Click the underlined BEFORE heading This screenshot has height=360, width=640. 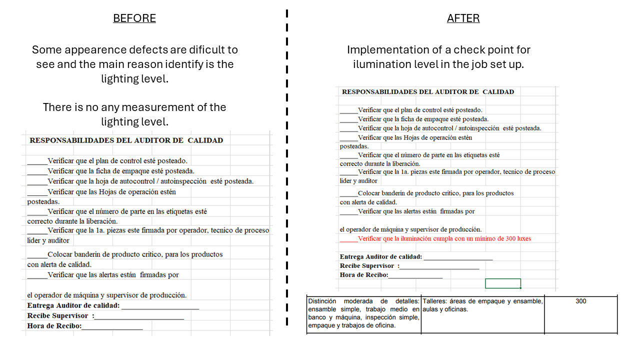point(134,18)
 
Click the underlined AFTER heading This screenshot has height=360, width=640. point(463,18)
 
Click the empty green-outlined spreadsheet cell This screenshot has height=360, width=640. point(502,283)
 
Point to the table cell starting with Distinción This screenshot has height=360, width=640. point(363,313)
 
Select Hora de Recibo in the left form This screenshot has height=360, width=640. point(54,326)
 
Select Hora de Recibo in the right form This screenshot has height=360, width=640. point(363,274)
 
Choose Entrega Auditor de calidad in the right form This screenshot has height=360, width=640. point(380,257)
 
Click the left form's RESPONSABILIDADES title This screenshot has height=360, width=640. point(126,140)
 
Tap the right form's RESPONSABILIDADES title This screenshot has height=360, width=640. point(427,92)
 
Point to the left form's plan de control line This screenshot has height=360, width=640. point(117,161)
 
